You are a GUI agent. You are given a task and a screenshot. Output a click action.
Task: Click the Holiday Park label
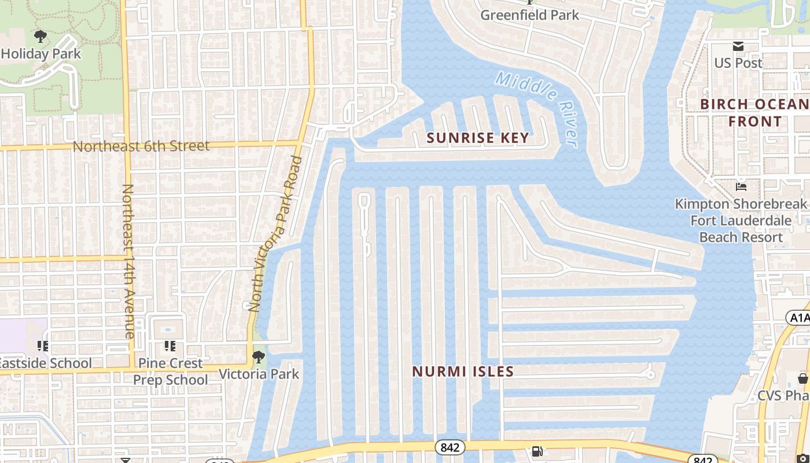[x=41, y=54]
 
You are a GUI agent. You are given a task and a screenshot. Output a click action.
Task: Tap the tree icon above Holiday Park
[x=41, y=37]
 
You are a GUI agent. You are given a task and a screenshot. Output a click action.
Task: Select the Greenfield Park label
[x=529, y=15]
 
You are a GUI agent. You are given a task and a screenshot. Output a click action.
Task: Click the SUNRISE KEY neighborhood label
[x=478, y=138]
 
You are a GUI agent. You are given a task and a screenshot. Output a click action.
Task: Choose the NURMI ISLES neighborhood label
[x=463, y=372]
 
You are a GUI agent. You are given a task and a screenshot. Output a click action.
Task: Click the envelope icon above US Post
[x=738, y=46]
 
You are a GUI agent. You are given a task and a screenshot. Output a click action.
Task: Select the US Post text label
[x=738, y=63]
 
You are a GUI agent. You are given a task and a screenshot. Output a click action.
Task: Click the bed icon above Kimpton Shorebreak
[x=741, y=187]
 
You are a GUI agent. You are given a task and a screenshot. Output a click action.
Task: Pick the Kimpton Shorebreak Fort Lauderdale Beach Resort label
[x=741, y=221]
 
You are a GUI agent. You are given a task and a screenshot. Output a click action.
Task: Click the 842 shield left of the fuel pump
[x=450, y=447]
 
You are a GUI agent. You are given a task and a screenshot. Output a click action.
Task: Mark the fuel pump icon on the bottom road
[x=537, y=451]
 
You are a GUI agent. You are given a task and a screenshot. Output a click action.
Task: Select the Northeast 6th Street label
[x=141, y=146]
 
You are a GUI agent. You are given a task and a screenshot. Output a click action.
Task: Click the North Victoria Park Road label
[x=275, y=234]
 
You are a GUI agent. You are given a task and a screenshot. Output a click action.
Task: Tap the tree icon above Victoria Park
[x=259, y=357]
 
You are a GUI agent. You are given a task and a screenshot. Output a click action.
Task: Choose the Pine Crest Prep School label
[x=170, y=372]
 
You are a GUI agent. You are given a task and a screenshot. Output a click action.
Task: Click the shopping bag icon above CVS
[x=802, y=379]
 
